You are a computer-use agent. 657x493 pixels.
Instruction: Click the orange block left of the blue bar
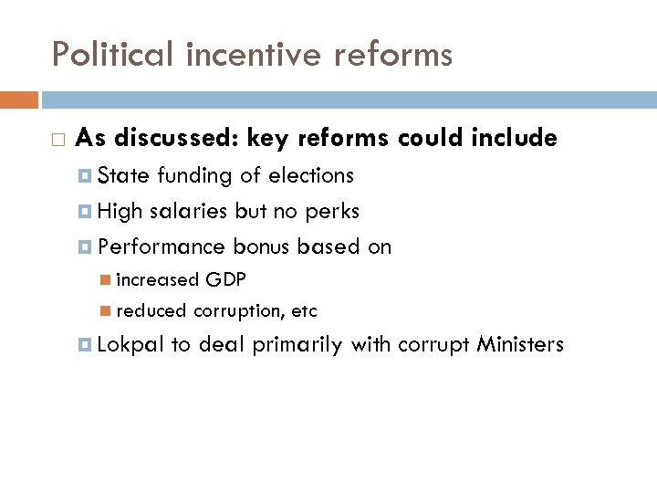19,100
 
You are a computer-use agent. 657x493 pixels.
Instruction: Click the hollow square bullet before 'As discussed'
57,139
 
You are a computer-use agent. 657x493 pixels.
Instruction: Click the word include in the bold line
513,138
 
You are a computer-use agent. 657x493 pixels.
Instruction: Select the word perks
332,211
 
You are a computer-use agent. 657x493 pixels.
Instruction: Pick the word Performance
162,246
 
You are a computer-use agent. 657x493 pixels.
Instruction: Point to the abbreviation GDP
225,278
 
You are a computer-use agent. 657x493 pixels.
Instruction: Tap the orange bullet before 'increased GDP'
107,279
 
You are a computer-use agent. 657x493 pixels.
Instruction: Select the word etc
304,311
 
